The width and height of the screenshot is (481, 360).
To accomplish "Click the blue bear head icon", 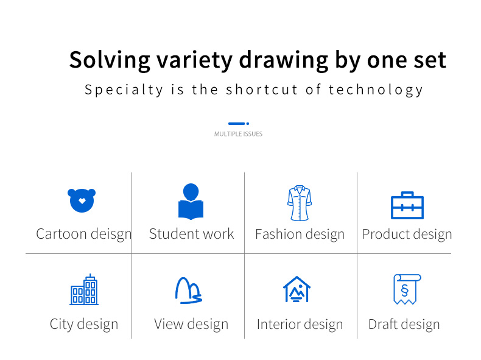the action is click(82, 200).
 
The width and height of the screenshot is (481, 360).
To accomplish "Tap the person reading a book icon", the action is click(191, 202).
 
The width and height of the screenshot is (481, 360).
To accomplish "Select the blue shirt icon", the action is click(300, 203).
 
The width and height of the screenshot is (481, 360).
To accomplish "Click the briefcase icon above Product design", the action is click(407, 205).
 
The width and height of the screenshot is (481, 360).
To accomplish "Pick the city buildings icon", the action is click(84, 289).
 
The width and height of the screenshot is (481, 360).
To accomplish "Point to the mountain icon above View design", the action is click(188, 291).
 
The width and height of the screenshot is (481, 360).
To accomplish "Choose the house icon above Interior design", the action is click(297, 289).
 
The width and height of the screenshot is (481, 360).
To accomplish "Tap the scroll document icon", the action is click(407, 289).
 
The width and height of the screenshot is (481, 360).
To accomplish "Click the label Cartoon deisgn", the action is click(84, 234).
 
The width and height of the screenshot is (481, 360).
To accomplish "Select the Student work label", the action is click(191, 234).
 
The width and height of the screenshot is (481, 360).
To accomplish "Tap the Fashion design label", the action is click(300, 234).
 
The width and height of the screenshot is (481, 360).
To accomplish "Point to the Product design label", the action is click(407, 234).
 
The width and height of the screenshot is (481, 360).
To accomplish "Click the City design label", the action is click(84, 325).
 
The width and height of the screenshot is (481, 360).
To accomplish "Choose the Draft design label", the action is click(404, 325).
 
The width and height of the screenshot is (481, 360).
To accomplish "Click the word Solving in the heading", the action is click(110, 60).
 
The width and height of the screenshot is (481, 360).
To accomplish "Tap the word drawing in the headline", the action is click(284, 60).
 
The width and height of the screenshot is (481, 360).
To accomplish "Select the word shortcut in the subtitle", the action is click(262, 90).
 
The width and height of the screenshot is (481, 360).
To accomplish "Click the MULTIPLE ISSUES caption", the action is click(238, 134).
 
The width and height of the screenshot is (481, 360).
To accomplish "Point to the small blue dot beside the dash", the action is click(248, 124).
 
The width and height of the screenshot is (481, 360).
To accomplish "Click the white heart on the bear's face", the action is click(82, 201).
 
